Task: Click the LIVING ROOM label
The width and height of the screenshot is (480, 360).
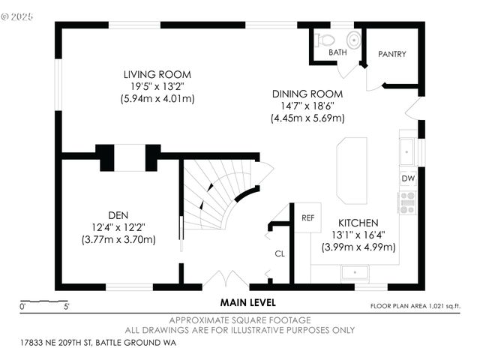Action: (x=157, y=74)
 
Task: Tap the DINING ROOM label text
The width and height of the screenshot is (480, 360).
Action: (x=307, y=94)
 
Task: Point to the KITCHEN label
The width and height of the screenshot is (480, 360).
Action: (x=359, y=223)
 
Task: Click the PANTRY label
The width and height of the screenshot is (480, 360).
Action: (x=391, y=54)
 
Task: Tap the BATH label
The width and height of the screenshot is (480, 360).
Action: (x=337, y=53)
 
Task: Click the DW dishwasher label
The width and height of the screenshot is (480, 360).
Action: (x=408, y=178)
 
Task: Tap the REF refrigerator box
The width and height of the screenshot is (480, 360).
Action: (x=307, y=217)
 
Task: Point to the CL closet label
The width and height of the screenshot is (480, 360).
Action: (x=280, y=254)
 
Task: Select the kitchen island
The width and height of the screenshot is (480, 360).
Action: (x=352, y=170)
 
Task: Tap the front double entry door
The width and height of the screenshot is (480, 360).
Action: (x=226, y=280)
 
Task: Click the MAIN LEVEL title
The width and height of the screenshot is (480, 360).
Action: (x=247, y=303)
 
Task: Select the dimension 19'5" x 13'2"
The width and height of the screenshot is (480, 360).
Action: (x=157, y=86)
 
